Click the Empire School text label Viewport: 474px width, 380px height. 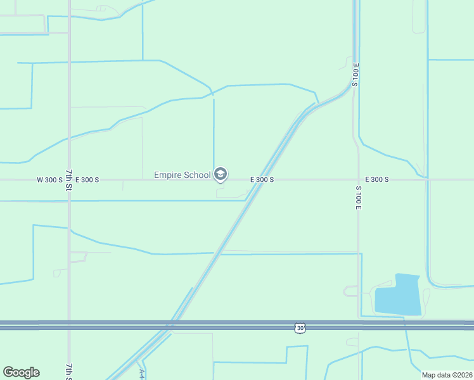(182, 175)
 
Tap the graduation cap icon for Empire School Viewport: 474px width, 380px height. (221, 174)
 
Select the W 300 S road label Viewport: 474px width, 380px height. (49, 180)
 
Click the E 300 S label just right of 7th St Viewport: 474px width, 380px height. (87, 180)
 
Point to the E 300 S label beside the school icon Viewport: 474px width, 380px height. (262, 180)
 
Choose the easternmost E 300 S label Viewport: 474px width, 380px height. (376, 180)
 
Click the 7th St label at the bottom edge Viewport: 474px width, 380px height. (69, 371)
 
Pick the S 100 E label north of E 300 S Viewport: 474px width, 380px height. (355, 75)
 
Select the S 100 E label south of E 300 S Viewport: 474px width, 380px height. (358, 198)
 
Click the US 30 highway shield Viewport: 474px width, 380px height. (300, 327)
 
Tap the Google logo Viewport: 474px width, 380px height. (21, 372)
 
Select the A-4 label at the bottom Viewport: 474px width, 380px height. (143, 374)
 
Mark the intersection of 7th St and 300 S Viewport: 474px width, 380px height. (69, 180)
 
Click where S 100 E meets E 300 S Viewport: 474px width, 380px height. (358, 180)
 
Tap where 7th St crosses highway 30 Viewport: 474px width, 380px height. (69, 325)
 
